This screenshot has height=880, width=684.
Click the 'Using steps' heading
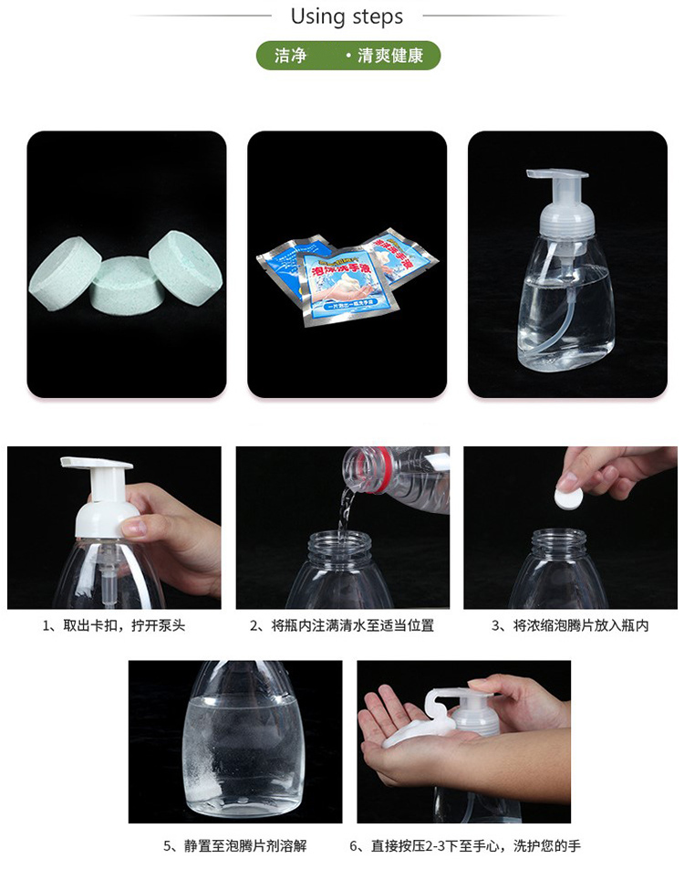347,16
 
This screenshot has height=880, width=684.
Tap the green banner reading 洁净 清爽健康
348,56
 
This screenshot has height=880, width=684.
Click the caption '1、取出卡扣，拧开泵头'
114,626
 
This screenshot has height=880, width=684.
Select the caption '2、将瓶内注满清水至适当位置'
342,626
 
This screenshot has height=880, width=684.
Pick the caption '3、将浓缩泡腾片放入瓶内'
570,626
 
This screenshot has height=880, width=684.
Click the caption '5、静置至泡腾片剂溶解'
235,846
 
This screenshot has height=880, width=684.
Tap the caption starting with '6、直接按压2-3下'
464,846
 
